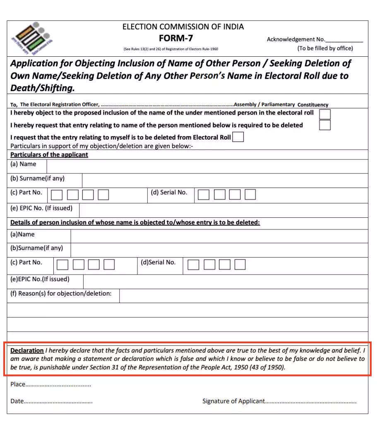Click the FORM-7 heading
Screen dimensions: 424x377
tap(176, 39)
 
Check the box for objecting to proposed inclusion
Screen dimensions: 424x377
tap(325, 114)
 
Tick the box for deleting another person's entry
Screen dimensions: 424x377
tap(325, 125)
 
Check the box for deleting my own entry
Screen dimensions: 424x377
tap(238, 137)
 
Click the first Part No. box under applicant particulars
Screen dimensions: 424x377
tap(57, 195)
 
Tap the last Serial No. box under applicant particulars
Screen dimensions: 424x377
tap(250, 195)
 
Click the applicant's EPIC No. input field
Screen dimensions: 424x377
tap(223, 210)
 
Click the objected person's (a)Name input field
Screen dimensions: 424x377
tap(219, 236)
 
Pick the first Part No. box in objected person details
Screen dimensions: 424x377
tap(62, 265)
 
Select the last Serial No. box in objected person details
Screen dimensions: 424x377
tap(240, 265)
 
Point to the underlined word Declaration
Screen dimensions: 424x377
tap(27, 350)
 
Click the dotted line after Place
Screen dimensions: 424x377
tap(58, 385)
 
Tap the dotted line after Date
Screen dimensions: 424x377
tap(58, 402)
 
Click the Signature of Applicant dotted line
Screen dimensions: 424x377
tap(310, 402)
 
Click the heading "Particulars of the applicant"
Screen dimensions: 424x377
tap(49, 155)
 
